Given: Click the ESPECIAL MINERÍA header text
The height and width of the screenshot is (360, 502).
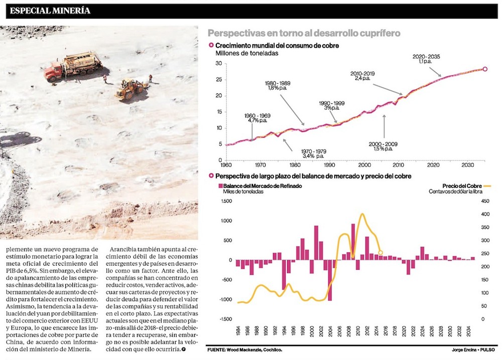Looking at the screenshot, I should [x=50, y=11].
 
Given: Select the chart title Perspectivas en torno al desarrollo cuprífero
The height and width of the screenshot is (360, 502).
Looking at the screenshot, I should [x=304, y=34].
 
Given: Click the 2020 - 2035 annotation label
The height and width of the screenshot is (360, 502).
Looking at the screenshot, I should [x=426, y=59].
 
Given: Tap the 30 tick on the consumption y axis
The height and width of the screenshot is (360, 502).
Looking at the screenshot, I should [x=218, y=63].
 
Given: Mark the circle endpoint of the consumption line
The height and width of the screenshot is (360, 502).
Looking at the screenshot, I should [x=485, y=69].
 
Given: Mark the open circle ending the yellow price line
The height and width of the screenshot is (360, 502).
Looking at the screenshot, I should [x=381, y=253].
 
